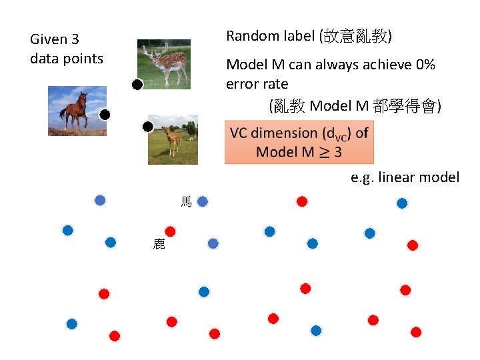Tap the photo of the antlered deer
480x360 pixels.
click(163, 64)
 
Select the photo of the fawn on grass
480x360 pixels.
click(173, 139)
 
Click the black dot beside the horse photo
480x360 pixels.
click(105, 115)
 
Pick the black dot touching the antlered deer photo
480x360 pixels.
click(137, 85)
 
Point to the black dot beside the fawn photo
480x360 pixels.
click(148, 126)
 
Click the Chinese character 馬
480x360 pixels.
click(186, 201)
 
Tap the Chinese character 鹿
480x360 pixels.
click(159, 244)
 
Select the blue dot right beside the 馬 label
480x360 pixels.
click(203, 201)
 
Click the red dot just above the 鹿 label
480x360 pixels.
click(170, 231)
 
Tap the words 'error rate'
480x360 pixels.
click(257, 84)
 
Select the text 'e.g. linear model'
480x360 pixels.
click(405, 177)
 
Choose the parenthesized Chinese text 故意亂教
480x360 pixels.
click(357, 35)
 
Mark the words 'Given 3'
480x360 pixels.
click(55, 40)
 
